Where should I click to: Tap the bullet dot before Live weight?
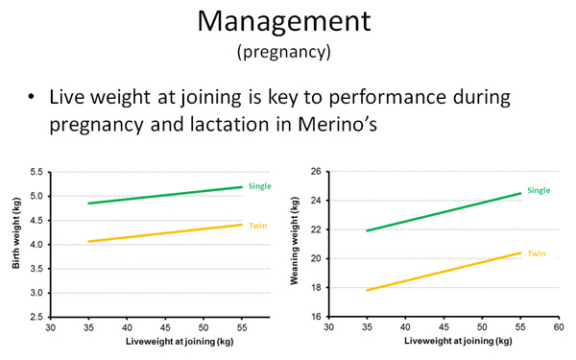32,99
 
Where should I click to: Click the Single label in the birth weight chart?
260,184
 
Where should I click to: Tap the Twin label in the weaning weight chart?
536,253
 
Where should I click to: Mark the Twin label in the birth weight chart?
256,226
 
